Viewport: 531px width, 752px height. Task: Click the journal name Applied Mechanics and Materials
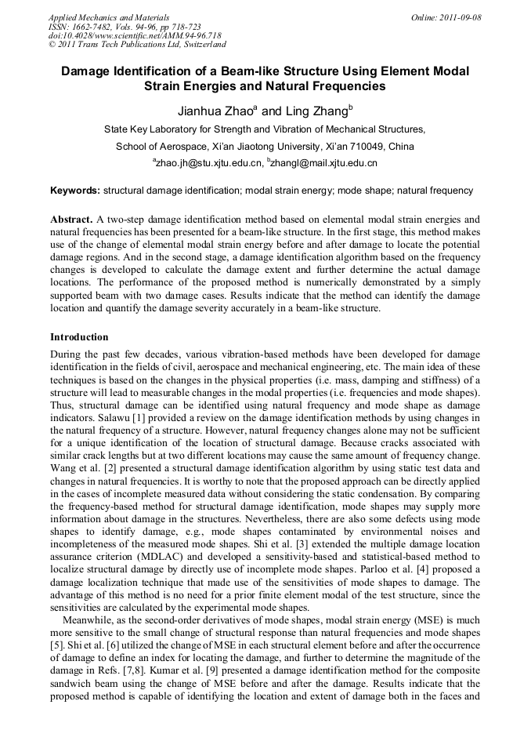[109, 17]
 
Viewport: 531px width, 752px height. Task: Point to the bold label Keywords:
[75, 191]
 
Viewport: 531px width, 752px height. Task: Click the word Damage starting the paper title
[88, 71]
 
